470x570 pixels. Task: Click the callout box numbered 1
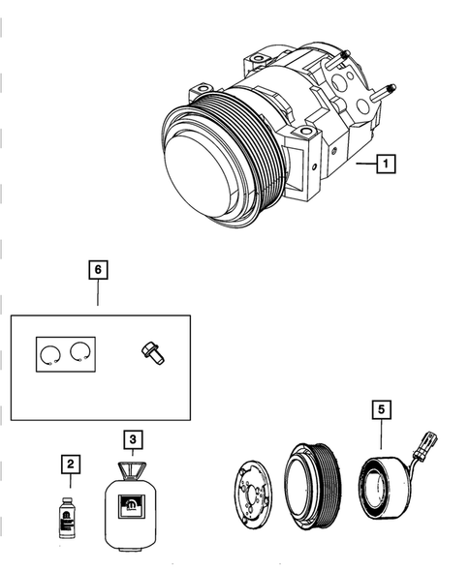(386, 165)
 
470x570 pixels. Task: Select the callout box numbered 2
(70, 466)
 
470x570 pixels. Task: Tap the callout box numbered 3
(135, 439)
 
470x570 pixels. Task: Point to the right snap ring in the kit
(79, 355)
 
